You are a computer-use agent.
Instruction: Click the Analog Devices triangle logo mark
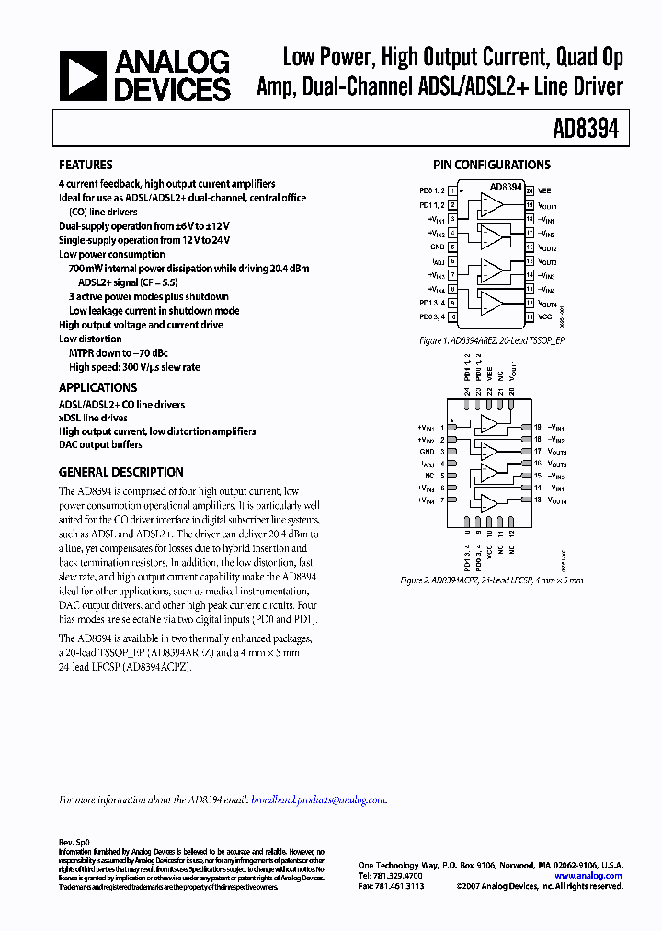[x=84, y=75]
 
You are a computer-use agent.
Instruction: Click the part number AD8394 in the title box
[x=585, y=130]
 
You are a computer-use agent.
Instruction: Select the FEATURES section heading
[x=86, y=166]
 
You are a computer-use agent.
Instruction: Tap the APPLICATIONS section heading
[x=97, y=387]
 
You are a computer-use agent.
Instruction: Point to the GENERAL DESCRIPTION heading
[x=120, y=472]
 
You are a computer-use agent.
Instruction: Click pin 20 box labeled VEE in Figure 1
[x=531, y=190]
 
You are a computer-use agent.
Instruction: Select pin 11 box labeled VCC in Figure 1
[x=531, y=316]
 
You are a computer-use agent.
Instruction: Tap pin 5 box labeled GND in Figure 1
[x=452, y=247]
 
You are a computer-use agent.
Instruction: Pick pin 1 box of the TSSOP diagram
[x=452, y=190]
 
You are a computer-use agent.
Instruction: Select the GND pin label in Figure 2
[x=427, y=453]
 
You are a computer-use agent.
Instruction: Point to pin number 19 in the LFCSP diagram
[x=537, y=428]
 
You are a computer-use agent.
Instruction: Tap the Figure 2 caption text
[x=491, y=580]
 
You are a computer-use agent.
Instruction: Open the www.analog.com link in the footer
[x=588, y=876]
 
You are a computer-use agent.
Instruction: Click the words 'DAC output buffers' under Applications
[x=100, y=444]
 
